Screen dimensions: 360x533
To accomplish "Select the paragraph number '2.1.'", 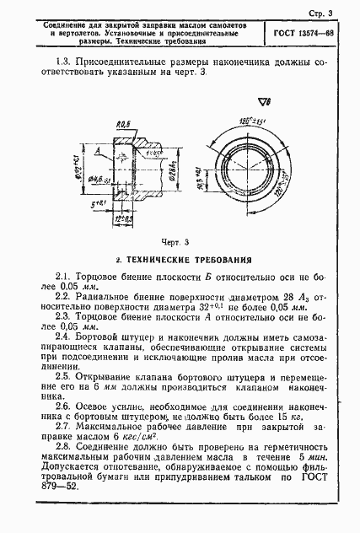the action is click(x=62, y=277).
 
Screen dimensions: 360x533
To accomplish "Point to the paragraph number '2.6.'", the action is click(x=62, y=406).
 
